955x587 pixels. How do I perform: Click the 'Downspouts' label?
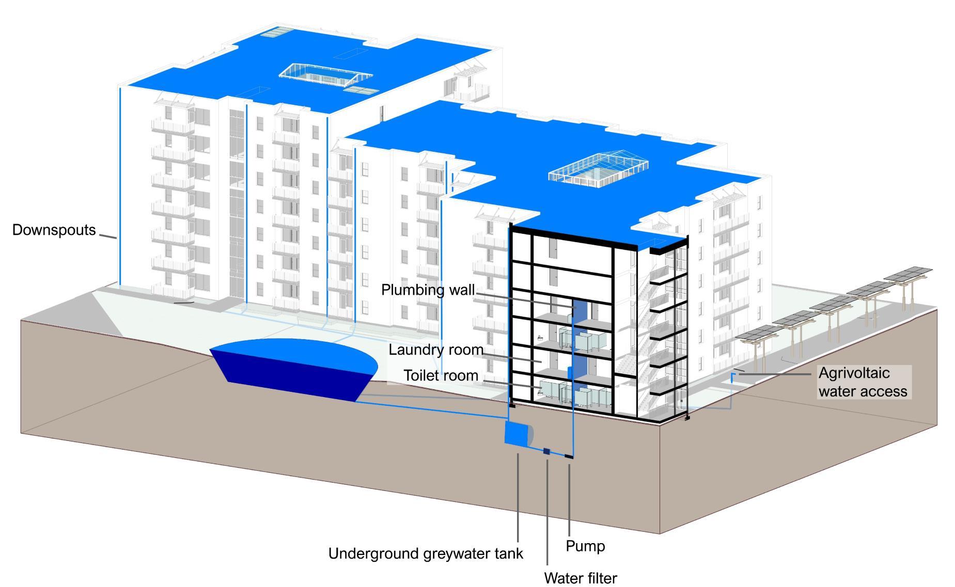54,230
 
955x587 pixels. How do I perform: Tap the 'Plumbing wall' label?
427,290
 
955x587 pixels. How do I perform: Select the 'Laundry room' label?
435,350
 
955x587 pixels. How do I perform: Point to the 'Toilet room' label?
441,375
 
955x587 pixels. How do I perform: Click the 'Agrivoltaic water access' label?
862,382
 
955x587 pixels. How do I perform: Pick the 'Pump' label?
585,546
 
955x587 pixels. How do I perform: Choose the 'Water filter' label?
580,578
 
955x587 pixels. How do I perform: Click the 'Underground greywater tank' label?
426,553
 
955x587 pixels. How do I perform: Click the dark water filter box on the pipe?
546,451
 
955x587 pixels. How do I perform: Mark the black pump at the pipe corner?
569,456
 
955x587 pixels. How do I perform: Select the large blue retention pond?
292,366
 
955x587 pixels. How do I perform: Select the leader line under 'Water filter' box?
547,511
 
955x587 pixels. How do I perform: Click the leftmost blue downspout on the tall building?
120,186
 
